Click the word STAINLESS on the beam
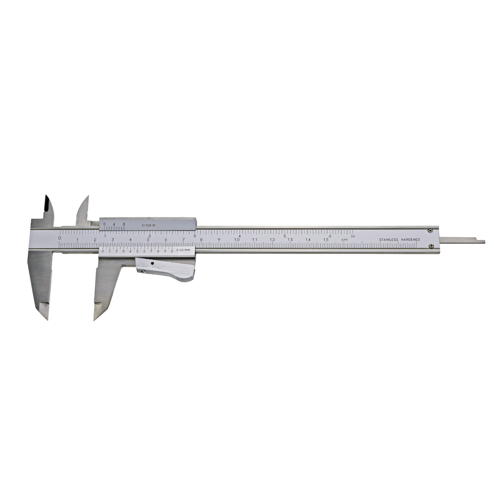(x=390, y=240)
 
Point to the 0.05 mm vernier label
(x=183, y=251)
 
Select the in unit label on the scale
(x=353, y=236)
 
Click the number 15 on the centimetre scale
(x=326, y=240)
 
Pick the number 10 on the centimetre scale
(x=237, y=240)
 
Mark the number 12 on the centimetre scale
(x=272, y=240)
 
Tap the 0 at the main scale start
(x=60, y=238)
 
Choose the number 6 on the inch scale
(x=329, y=236)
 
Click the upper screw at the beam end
(x=431, y=230)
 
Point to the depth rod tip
(x=483, y=242)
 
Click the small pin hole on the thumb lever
(x=153, y=264)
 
